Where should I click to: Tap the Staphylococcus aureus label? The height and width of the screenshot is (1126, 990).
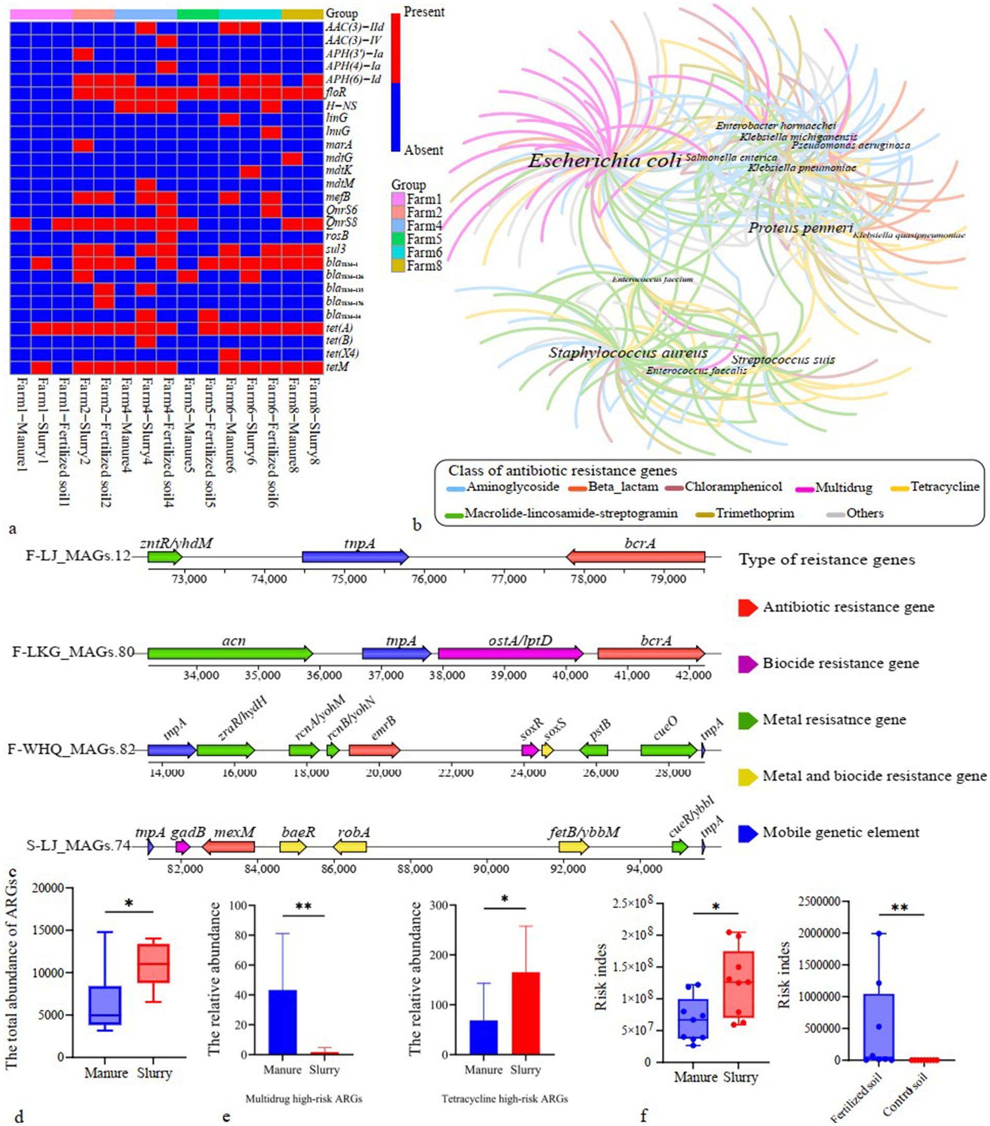click(628, 353)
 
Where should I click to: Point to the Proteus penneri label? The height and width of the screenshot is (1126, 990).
click(800, 228)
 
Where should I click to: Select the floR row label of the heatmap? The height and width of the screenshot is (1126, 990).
click(336, 93)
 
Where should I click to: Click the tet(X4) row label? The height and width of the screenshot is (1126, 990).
click(342, 354)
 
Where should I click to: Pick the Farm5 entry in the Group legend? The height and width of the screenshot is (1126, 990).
click(423, 239)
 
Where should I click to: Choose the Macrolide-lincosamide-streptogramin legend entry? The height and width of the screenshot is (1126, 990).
click(570, 514)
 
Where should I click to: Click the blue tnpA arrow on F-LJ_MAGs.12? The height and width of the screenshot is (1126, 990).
click(355, 557)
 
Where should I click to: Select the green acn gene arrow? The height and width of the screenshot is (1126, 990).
click(230, 654)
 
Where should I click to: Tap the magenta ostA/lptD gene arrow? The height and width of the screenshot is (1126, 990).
click(511, 654)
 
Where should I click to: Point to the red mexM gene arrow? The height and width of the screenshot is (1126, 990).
click(229, 847)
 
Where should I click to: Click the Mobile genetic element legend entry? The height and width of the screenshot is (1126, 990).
click(840, 832)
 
